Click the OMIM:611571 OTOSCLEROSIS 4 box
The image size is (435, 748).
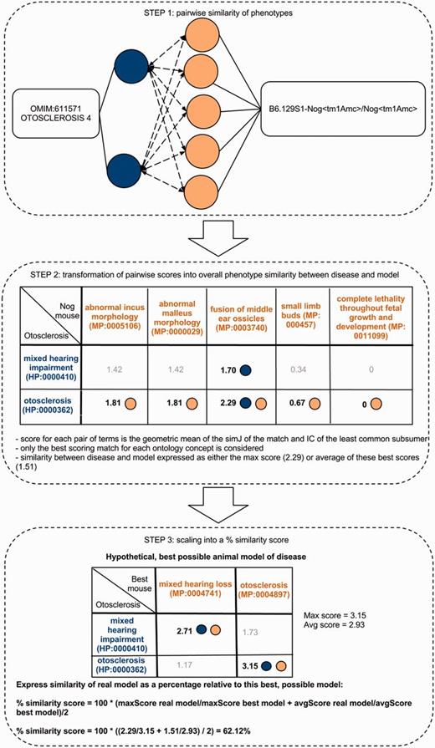click(x=54, y=129)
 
